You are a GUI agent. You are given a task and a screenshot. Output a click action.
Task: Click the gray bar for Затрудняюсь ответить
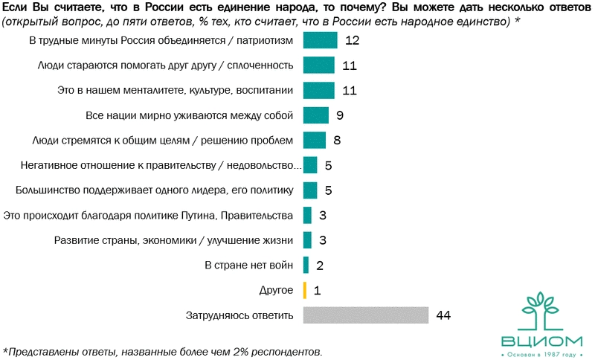(x=366, y=315)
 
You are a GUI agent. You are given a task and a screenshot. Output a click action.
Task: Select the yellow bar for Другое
(x=305, y=290)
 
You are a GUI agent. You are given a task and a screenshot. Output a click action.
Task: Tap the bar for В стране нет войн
(x=306, y=265)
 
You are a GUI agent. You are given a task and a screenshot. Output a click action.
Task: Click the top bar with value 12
(x=320, y=40)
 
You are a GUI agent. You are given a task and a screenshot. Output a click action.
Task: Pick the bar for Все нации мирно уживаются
(x=316, y=115)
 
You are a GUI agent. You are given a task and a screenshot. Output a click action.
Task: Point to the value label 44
(x=444, y=315)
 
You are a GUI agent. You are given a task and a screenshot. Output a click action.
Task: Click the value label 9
(x=339, y=115)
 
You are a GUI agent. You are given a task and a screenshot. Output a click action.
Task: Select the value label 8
(x=337, y=141)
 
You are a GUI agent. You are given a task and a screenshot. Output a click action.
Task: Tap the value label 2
(x=320, y=265)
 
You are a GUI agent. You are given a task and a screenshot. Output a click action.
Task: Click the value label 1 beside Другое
(x=317, y=290)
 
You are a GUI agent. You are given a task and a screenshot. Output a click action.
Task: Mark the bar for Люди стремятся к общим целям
(x=315, y=141)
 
